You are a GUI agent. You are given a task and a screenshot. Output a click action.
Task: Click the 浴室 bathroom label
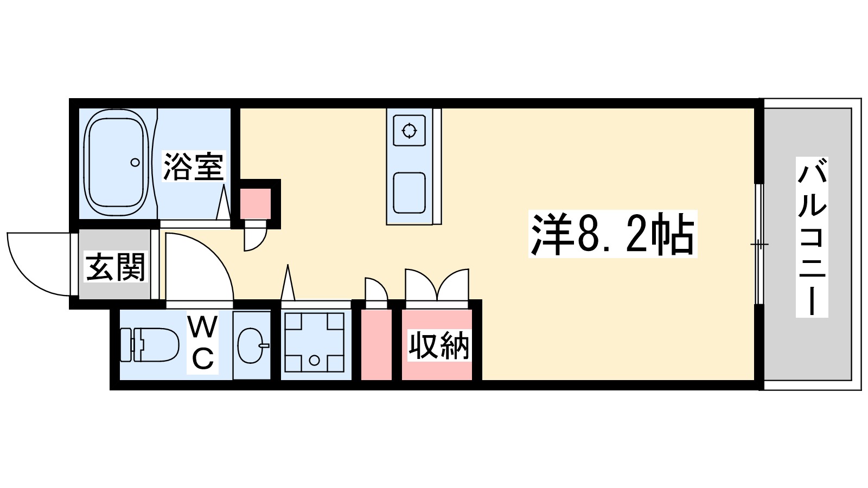click(194, 166)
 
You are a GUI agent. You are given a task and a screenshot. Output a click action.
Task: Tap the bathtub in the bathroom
click(116, 162)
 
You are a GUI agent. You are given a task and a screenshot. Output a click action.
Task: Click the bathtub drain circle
click(135, 162)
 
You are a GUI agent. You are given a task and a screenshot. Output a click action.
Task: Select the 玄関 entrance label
click(116, 267)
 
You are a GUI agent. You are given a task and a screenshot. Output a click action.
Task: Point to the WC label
click(202, 343)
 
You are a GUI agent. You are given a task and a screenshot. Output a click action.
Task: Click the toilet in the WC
click(150, 345)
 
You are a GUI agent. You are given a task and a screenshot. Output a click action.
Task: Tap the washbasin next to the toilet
click(251, 345)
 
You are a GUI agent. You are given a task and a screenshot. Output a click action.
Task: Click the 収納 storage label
click(438, 345)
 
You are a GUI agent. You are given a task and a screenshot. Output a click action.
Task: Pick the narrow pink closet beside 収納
click(376, 345)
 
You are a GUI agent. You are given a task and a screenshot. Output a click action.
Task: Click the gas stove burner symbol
click(409, 131)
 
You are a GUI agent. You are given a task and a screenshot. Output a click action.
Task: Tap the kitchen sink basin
click(409, 192)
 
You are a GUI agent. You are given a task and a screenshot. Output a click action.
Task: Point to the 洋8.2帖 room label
click(612, 235)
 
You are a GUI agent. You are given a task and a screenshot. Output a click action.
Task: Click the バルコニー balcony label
click(812, 237)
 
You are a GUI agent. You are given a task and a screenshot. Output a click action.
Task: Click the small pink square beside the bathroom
click(256, 203)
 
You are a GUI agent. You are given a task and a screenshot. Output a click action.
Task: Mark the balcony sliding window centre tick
click(759, 245)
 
